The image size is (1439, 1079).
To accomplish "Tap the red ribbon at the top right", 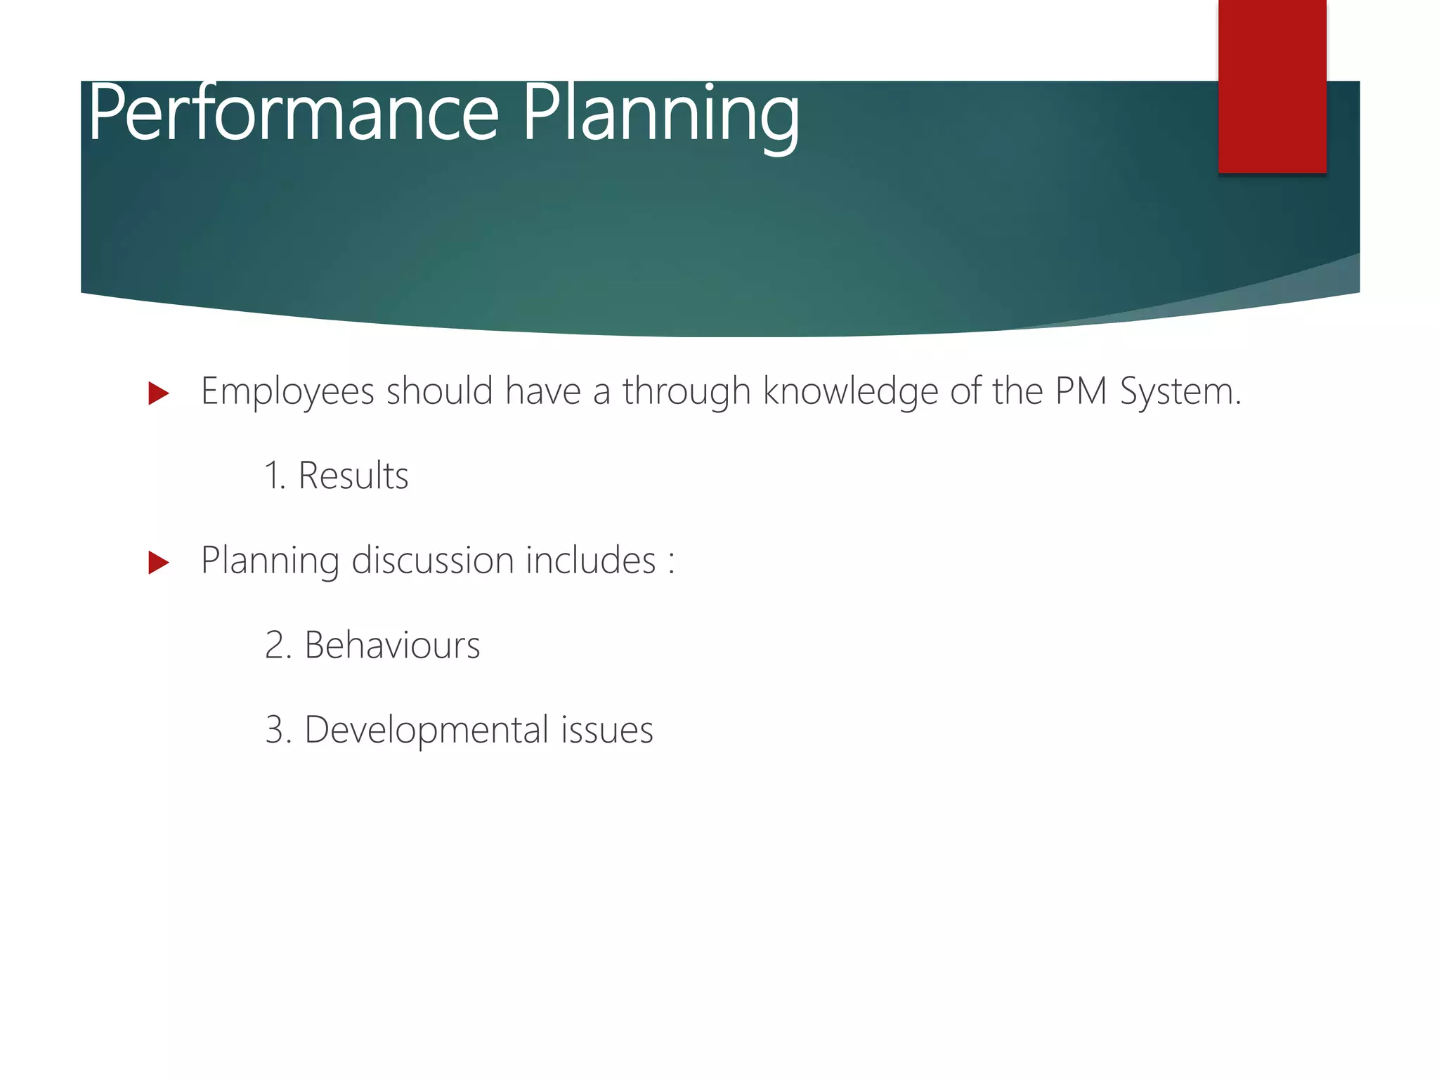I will [1272, 84].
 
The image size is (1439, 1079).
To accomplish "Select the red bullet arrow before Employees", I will [159, 393].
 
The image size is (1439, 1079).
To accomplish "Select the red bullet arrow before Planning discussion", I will [159, 563].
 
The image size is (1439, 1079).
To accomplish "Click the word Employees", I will [287, 392].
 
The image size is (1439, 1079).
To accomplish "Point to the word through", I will [686, 392].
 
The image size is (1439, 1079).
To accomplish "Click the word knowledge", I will [850, 392].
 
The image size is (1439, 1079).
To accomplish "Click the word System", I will [1180, 392].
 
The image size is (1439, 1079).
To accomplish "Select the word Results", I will [353, 476].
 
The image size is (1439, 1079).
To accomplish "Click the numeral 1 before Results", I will [273, 476].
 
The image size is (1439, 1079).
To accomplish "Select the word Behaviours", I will [392, 645].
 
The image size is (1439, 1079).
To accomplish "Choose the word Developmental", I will [426, 730].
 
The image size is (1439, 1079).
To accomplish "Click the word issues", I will [607, 730].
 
